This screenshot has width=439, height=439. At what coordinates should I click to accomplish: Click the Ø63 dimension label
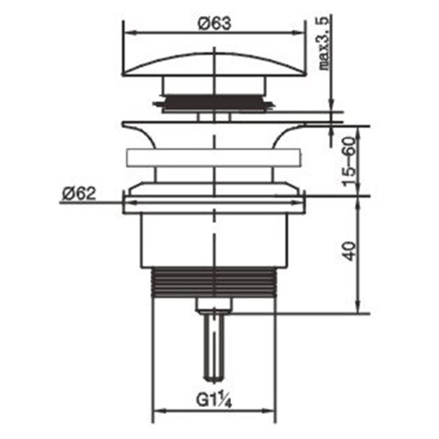click(215, 23)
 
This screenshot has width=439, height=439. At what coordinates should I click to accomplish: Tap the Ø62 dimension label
click(79, 194)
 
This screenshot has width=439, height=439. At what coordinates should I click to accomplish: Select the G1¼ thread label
click(214, 401)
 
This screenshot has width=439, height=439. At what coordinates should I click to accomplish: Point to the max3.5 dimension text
click(324, 43)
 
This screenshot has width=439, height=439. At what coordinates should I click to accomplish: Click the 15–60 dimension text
click(350, 162)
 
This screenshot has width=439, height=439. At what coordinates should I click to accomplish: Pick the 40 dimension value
click(350, 251)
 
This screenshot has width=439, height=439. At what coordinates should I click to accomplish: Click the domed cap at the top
click(215, 64)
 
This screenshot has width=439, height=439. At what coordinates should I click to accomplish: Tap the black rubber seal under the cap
click(214, 103)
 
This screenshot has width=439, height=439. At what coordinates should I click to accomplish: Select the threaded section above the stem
click(214, 282)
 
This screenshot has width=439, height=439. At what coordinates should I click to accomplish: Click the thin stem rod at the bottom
click(215, 347)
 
